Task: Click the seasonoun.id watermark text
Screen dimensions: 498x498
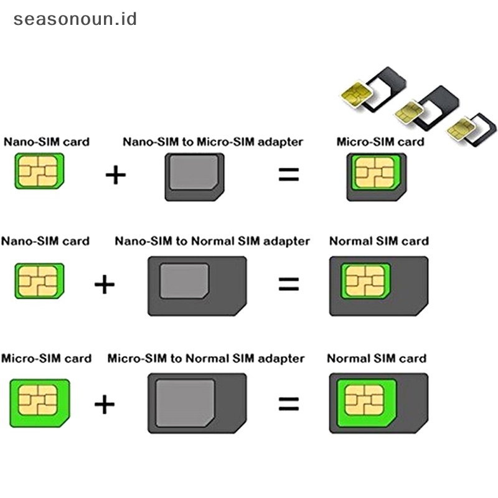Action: tap(75, 19)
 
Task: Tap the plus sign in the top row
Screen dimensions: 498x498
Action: tap(115, 175)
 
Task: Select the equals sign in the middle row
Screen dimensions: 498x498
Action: tap(288, 284)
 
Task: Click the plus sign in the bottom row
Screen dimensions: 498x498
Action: tap(105, 405)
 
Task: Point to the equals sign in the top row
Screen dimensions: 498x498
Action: tap(288, 175)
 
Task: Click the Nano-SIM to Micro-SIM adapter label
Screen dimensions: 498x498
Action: tap(213, 142)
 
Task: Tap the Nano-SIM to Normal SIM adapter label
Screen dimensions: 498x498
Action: tap(212, 241)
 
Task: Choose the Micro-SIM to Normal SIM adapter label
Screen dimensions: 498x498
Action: tap(206, 359)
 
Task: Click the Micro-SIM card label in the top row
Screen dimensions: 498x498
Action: tap(380, 142)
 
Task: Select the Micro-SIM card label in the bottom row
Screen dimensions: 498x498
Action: tap(46, 359)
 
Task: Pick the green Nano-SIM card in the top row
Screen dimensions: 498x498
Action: tap(39, 172)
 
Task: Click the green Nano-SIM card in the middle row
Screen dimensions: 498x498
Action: tap(39, 281)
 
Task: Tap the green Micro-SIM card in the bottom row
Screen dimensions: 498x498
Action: tap(38, 398)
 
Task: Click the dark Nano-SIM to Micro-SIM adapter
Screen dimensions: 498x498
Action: tap(195, 177)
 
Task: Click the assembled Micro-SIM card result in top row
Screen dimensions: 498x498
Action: tap(376, 177)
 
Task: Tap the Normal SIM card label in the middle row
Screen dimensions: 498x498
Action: tap(378, 241)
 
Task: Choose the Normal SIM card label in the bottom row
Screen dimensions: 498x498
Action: tap(377, 359)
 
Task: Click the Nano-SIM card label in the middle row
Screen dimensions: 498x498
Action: tap(45, 241)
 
